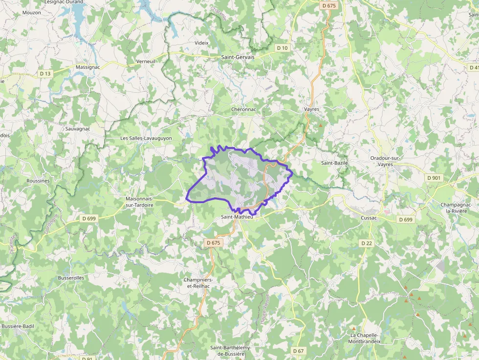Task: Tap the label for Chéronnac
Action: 243,109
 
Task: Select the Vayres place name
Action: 311,109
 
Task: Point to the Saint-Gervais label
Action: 238,57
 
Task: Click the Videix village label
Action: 201,43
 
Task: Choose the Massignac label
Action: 88,67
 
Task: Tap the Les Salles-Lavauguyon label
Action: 146,138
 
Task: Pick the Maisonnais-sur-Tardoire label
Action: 139,202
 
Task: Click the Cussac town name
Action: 369,218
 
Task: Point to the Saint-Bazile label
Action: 334,163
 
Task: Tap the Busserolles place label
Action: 71,278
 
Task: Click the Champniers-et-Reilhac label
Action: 197,282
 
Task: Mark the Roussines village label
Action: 38,181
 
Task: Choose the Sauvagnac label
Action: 77,129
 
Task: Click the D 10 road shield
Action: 282,48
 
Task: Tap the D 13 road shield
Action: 45,74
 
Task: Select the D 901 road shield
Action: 434,178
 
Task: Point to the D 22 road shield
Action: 367,243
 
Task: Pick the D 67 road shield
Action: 298,351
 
